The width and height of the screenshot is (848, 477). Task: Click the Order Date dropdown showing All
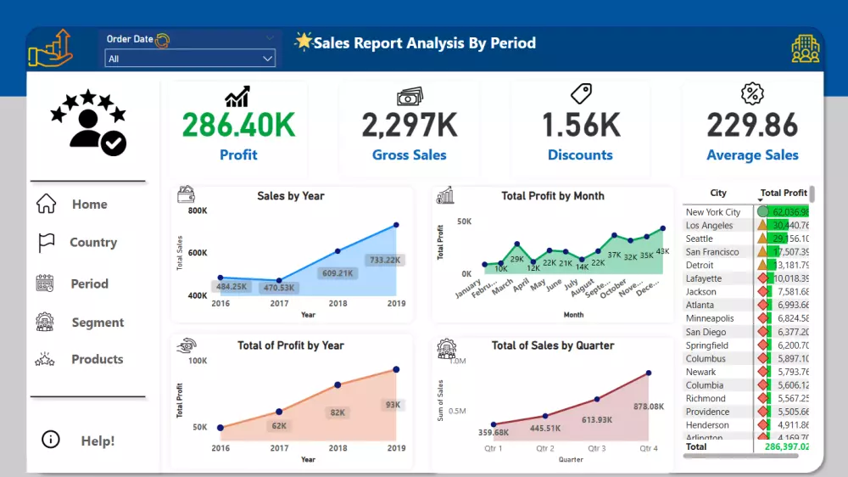190,59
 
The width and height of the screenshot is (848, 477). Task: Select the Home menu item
89,205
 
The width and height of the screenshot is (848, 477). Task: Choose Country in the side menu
92,243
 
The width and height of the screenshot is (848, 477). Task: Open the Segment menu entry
98,323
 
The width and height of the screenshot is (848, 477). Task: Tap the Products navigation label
97,360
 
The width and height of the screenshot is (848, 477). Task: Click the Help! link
98,441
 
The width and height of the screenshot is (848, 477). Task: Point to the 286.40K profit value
238,126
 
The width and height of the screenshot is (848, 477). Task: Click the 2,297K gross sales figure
410,126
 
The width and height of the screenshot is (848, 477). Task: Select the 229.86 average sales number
752,126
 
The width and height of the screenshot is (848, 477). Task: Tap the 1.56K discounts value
581,126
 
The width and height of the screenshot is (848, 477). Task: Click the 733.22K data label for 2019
385,261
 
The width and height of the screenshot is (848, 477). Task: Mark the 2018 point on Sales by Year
338,251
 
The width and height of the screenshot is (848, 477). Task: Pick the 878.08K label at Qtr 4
649,407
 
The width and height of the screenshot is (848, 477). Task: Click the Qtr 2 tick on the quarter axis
544,448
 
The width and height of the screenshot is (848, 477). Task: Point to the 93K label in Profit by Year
393,405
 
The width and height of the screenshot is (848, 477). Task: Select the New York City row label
713,212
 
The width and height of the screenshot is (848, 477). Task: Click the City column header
718,194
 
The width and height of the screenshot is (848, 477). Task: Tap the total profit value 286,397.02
786,446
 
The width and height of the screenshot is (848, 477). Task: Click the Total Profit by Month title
553,196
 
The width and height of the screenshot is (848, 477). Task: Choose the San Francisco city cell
712,252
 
